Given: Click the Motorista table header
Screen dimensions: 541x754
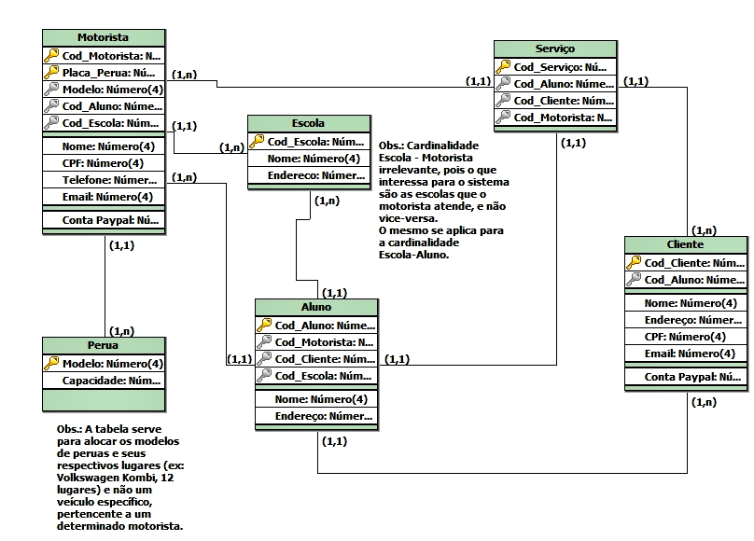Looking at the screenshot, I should click(x=103, y=37).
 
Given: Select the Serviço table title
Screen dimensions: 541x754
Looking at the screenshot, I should click(x=555, y=49).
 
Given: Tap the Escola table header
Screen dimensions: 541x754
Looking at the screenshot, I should click(x=308, y=123).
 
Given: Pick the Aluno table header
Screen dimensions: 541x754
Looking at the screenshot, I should click(x=316, y=307).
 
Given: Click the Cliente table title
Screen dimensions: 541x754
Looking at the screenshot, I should click(x=686, y=244).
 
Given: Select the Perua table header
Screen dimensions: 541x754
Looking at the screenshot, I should click(x=103, y=345).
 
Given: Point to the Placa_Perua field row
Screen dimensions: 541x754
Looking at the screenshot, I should click(x=108, y=73).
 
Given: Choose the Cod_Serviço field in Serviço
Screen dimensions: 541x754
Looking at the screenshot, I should click(x=560, y=67).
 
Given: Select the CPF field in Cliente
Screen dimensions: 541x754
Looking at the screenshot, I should click(x=685, y=337).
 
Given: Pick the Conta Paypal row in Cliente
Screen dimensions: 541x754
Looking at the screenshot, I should click(x=692, y=377).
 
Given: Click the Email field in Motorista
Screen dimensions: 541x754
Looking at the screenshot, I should click(x=107, y=197).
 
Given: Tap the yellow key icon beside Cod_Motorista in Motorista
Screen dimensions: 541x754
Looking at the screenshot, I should click(x=51, y=56).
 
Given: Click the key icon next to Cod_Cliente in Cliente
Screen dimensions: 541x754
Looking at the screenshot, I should click(x=634, y=263).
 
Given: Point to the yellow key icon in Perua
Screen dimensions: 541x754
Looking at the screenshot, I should click(x=51, y=364).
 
